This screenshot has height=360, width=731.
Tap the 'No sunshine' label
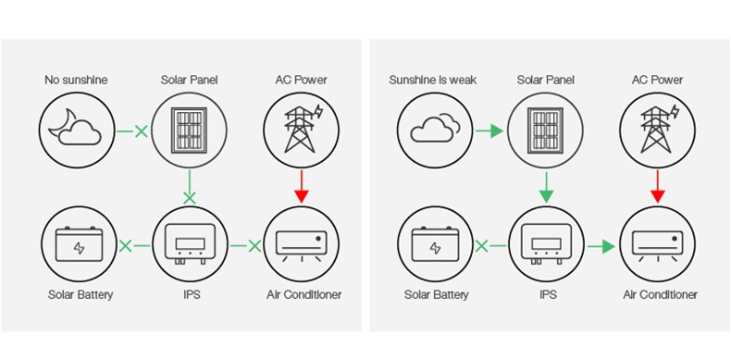coord(76,81)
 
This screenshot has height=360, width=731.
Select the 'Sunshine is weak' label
coord(433,81)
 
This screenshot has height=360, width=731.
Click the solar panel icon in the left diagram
coord(190,130)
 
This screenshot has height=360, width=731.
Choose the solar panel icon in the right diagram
coord(546,130)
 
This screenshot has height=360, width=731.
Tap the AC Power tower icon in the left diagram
coord(301,129)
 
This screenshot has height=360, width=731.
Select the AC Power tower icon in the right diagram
coord(658,129)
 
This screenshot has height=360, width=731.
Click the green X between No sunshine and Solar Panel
coord(141,131)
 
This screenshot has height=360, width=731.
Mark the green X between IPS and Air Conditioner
coord(253,246)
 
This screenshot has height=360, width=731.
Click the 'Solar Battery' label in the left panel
coord(81,295)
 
